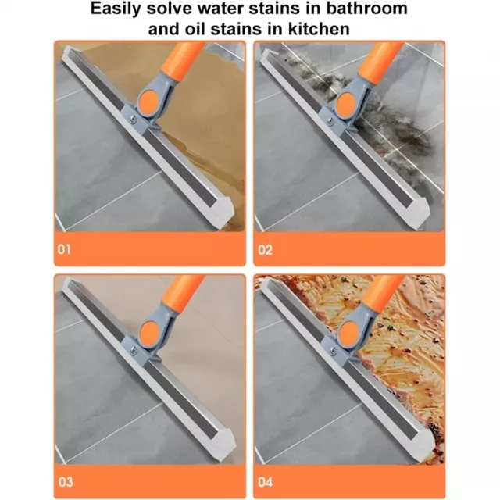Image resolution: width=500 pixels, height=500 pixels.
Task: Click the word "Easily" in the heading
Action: [x=116, y=9]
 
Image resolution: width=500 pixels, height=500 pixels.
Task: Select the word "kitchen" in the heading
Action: [x=319, y=29]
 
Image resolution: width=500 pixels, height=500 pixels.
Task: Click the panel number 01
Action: [x=64, y=249]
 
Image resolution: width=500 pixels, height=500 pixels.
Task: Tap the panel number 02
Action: [x=265, y=250]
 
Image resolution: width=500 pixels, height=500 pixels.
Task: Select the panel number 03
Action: [x=66, y=482]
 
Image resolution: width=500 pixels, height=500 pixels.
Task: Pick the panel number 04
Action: [x=266, y=482]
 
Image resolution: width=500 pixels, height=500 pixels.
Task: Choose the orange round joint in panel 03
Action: [x=149, y=331]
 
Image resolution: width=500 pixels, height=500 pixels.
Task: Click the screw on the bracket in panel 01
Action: [x=134, y=119]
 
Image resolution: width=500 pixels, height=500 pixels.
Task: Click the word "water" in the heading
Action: [x=220, y=8]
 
